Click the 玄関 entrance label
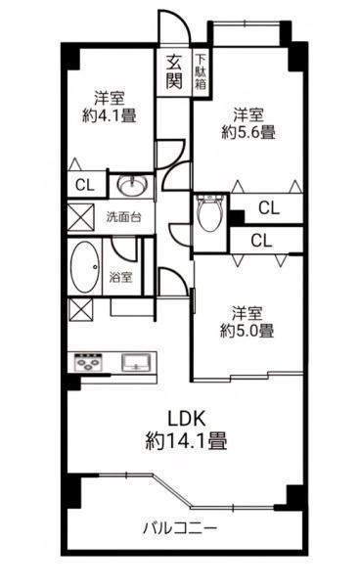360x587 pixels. (x=174, y=71)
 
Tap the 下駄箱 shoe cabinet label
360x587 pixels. (x=201, y=71)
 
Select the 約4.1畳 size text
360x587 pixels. (x=110, y=115)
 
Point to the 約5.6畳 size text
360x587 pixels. (x=248, y=132)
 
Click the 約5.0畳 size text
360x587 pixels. (x=247, y=331)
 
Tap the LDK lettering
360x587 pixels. (x=187, y=419)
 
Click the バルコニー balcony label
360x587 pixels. (x=180, y=528)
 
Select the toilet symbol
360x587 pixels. (x=209, y=213)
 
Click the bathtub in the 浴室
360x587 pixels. (x=85, y=267)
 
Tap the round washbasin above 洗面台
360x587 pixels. (x=132, y=185)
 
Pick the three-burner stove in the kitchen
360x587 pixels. (x=88, y=362)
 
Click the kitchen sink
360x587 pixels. (x=136, y=363)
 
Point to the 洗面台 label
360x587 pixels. (x=123, y=217)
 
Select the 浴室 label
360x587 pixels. (x=120, y=278)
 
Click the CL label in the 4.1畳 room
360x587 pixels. (x=85, y=185)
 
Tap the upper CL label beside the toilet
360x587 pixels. (x=269, y=207)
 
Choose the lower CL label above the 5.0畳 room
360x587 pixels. (x=261, y=241)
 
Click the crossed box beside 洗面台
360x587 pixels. (x=80, y=217)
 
